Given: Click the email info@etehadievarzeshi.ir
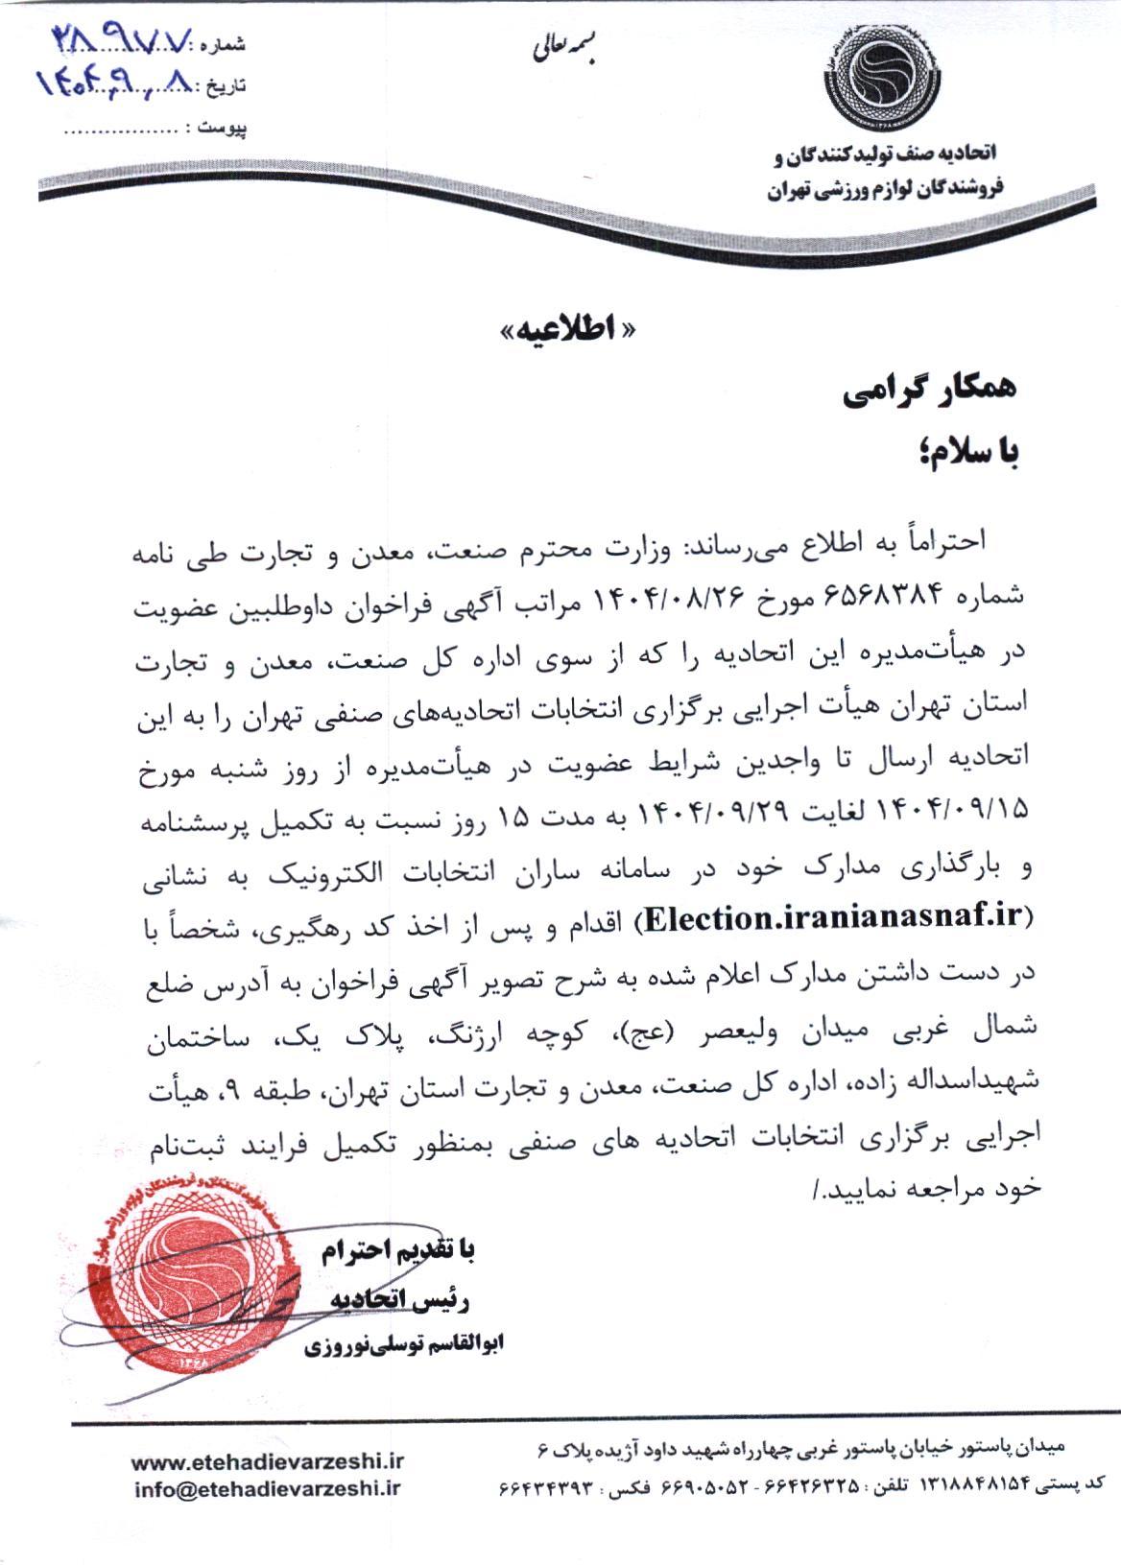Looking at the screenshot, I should pos(268,1487).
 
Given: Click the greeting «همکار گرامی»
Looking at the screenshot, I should pos(927,394).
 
